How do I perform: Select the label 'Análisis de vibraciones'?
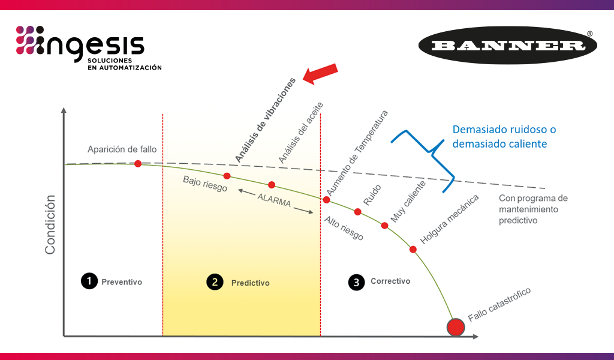pos(266,120)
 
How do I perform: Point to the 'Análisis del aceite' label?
pos(301,133)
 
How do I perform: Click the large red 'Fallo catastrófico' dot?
pos(456,327)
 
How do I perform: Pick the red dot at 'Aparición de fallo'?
pos(138,163)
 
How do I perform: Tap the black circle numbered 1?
pos(89,281)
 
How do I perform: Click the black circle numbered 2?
pos(215,282)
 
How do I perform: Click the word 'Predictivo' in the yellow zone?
pos(251,283)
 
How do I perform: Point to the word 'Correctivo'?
pos(390,281)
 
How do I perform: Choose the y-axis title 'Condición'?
pos(50,224)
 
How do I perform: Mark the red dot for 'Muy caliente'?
pos(385,226)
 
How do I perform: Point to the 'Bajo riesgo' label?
pos(205,184)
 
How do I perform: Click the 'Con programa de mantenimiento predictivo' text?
pos(532,209)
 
